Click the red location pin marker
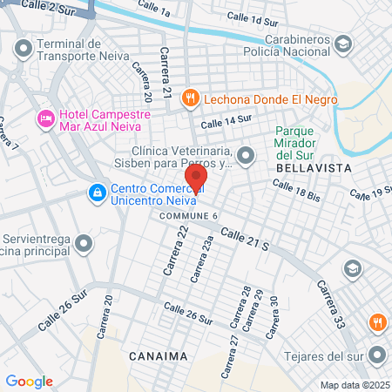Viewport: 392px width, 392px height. point(196,179)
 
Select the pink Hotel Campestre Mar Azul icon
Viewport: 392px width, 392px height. point(44,118)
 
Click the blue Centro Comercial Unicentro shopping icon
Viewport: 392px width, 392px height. point(97,192)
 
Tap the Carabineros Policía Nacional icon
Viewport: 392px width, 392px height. point(345,43)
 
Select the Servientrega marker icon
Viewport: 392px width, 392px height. point(84,242)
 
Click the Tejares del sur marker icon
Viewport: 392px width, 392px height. point(377,355)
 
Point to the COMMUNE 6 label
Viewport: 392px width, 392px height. point(187,215)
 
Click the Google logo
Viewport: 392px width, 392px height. point(30,381)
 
